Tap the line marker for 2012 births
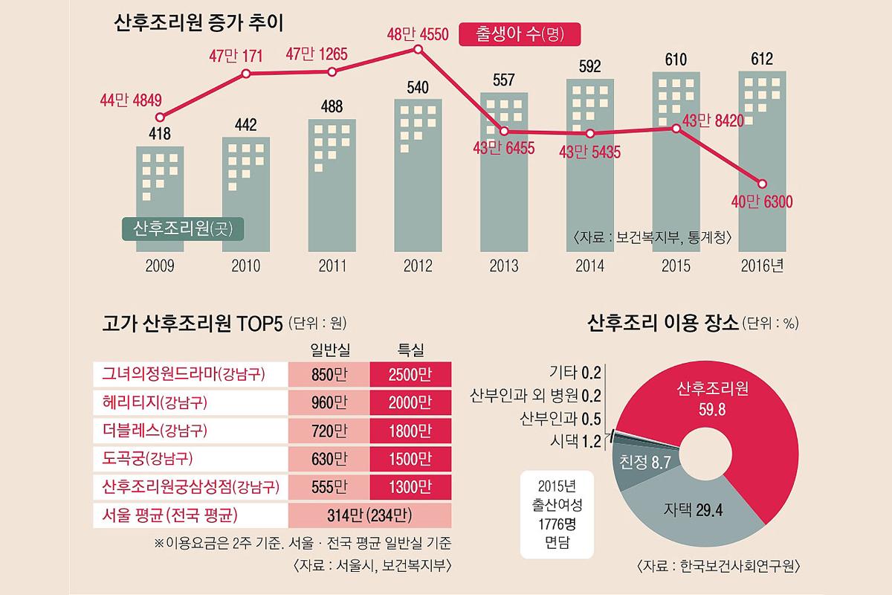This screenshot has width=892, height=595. (418, 49)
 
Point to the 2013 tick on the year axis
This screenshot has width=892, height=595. (504, 265)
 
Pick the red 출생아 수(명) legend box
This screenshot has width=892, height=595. (518, 33)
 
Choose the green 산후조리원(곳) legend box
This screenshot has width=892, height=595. (183, 228)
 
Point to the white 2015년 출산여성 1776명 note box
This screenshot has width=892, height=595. (557, 513)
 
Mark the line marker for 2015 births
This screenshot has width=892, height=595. (676, 128)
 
